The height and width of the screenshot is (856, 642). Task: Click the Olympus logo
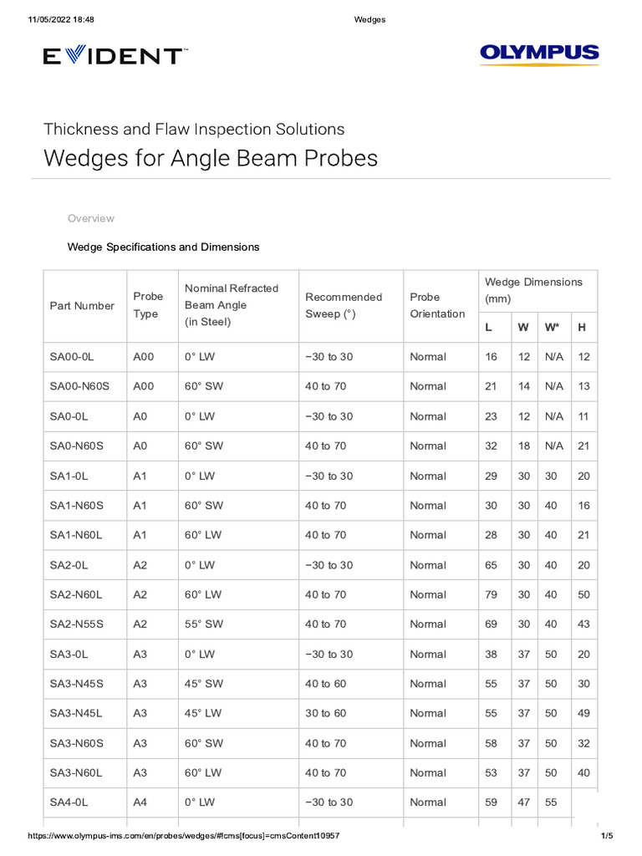click(539, 55)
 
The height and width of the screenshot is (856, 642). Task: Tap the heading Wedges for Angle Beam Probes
click(211, 158)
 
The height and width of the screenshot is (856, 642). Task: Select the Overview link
click(90, 218)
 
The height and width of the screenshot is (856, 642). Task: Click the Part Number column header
click(82, 306)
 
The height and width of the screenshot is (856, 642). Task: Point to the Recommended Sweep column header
click(344, 305)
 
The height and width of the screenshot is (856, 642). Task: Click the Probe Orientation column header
click(437, 305)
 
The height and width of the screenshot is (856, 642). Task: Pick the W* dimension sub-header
click(552, 327)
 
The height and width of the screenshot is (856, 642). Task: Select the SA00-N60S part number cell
click(79, 386)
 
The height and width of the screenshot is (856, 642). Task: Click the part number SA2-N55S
click(78, 624)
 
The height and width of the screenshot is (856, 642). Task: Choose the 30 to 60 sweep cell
click(325, 713)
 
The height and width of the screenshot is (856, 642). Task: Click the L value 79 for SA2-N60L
click(491, 594)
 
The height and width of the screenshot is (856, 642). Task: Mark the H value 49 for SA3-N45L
click(583, 713)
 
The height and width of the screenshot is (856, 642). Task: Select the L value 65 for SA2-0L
click(491, 565)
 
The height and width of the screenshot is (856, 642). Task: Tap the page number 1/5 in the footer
click(607, 836)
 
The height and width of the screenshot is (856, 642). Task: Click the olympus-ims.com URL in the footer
click(184, 836)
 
